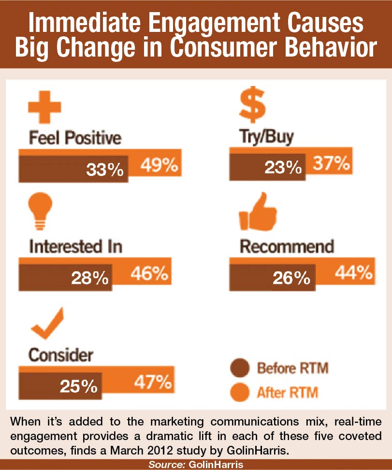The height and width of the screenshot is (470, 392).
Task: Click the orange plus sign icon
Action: [44, 107]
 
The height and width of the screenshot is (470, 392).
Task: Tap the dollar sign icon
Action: [252, 104]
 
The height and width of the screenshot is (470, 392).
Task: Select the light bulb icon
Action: [40, 211]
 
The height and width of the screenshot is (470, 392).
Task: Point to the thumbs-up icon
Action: [258, 212]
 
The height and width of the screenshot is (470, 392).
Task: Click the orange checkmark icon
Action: [47, 323]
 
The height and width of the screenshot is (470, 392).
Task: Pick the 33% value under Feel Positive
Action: [104, 169]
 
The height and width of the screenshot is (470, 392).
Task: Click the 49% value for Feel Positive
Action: [160, 165]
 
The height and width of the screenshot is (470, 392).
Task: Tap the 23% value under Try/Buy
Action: [283, 168]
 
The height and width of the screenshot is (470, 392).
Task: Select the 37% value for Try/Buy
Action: [332, 163]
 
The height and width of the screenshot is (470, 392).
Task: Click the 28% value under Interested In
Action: [90, 278]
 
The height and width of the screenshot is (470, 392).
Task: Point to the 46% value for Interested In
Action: [149, 273]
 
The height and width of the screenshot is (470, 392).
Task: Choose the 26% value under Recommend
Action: [291, 278]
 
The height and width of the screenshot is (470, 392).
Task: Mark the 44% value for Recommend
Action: [354, 273]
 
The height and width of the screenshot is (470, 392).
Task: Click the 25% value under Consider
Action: [78, 386]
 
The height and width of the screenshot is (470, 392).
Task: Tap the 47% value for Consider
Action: [153, 382]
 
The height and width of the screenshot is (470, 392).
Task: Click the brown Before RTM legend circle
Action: [240, 368]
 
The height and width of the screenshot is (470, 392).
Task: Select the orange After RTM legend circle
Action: [240, 392]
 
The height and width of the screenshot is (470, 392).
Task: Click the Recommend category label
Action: [287, 247]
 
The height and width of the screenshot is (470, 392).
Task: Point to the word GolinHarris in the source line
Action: [216, 465]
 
